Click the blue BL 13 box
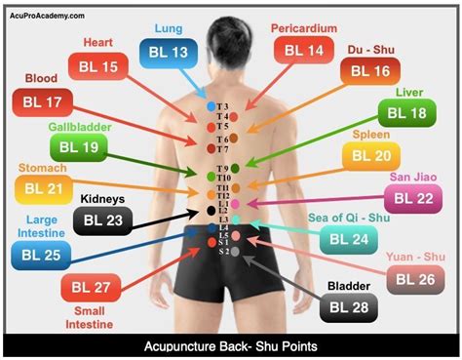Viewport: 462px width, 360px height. pos(168,53)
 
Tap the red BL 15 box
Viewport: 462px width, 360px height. pos(98,66)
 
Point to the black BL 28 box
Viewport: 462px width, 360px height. pos(349,308)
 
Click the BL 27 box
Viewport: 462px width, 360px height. pos(93,287)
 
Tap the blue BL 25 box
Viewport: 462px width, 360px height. pos(42,256)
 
